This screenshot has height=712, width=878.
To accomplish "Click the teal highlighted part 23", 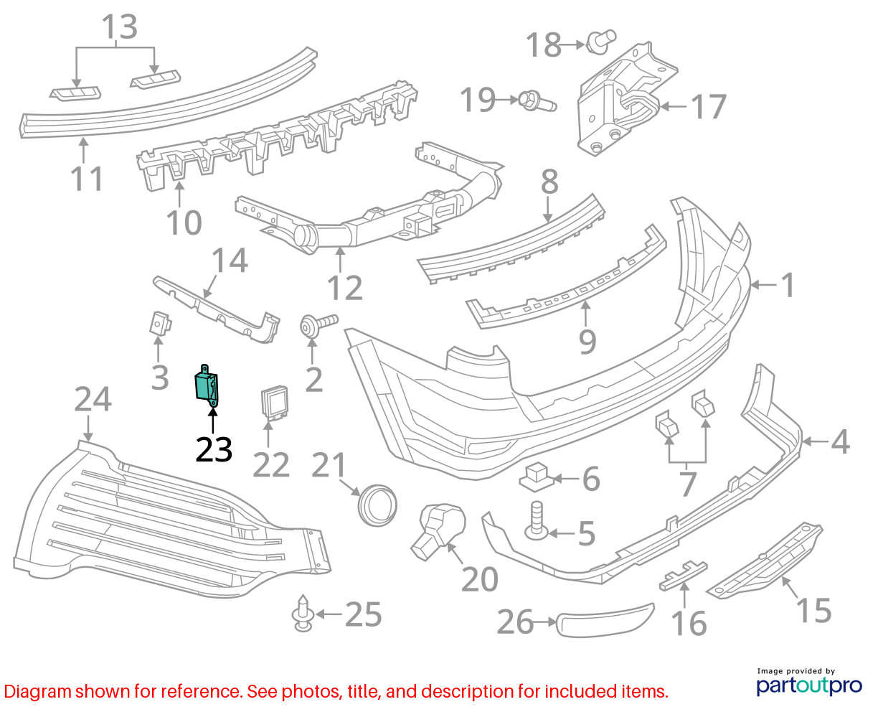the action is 206,385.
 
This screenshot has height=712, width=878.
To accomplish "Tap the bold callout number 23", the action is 214,449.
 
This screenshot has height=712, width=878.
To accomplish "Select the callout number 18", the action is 544,44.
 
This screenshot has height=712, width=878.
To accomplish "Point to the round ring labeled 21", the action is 377,505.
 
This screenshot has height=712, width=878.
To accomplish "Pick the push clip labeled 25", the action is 303,614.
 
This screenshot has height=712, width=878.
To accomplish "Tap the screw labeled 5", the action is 537,520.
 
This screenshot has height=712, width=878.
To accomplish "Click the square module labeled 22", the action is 275,403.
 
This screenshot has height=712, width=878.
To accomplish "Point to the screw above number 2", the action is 318,325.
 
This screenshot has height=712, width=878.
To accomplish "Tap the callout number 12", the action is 345,288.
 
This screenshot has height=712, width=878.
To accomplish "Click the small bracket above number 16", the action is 683,576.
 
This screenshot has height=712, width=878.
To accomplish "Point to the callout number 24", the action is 93,399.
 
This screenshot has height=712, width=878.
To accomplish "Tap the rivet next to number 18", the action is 601,42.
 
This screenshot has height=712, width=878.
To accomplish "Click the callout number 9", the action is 587,342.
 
